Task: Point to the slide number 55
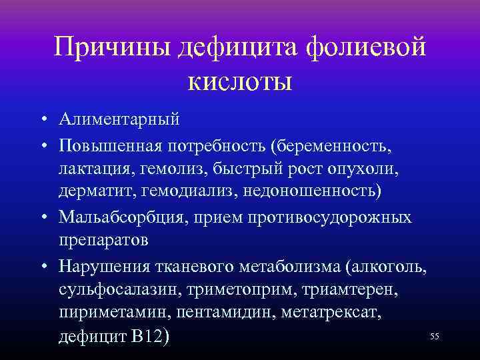click(x=435, y=337)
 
